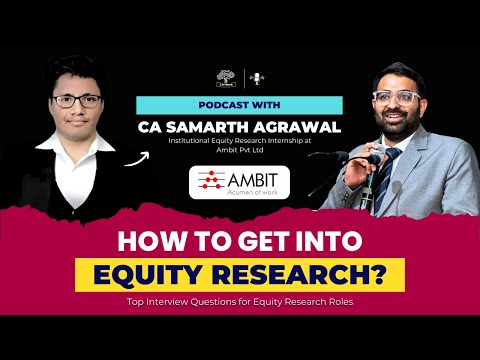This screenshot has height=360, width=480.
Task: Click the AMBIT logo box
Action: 240,182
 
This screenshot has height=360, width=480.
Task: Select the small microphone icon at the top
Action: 257,77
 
